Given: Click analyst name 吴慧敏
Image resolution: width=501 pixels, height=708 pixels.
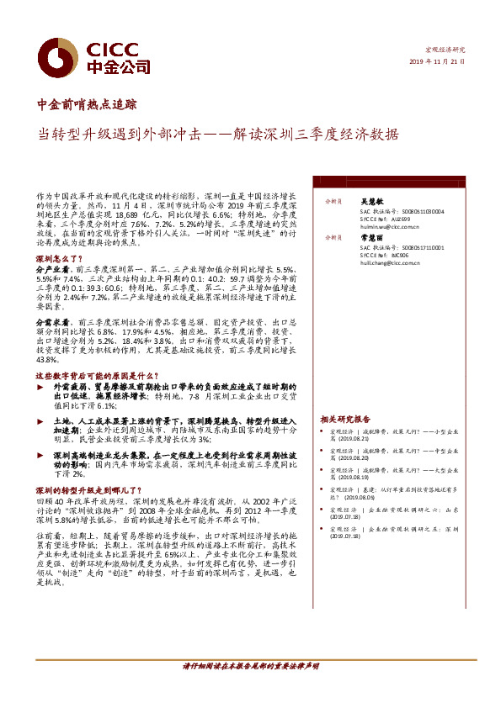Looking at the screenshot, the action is pos(371,202).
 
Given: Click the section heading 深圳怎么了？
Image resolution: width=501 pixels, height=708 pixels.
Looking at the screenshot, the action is pos(57,259).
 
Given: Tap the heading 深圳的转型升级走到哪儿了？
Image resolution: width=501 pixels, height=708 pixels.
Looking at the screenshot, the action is pos(87,489).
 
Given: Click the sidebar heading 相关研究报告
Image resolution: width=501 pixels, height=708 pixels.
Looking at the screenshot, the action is pos(344,419).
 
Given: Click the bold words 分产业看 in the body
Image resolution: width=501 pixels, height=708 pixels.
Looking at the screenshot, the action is pos(52,270).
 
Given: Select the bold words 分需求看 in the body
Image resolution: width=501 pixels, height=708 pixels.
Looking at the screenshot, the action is pos(52,321).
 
